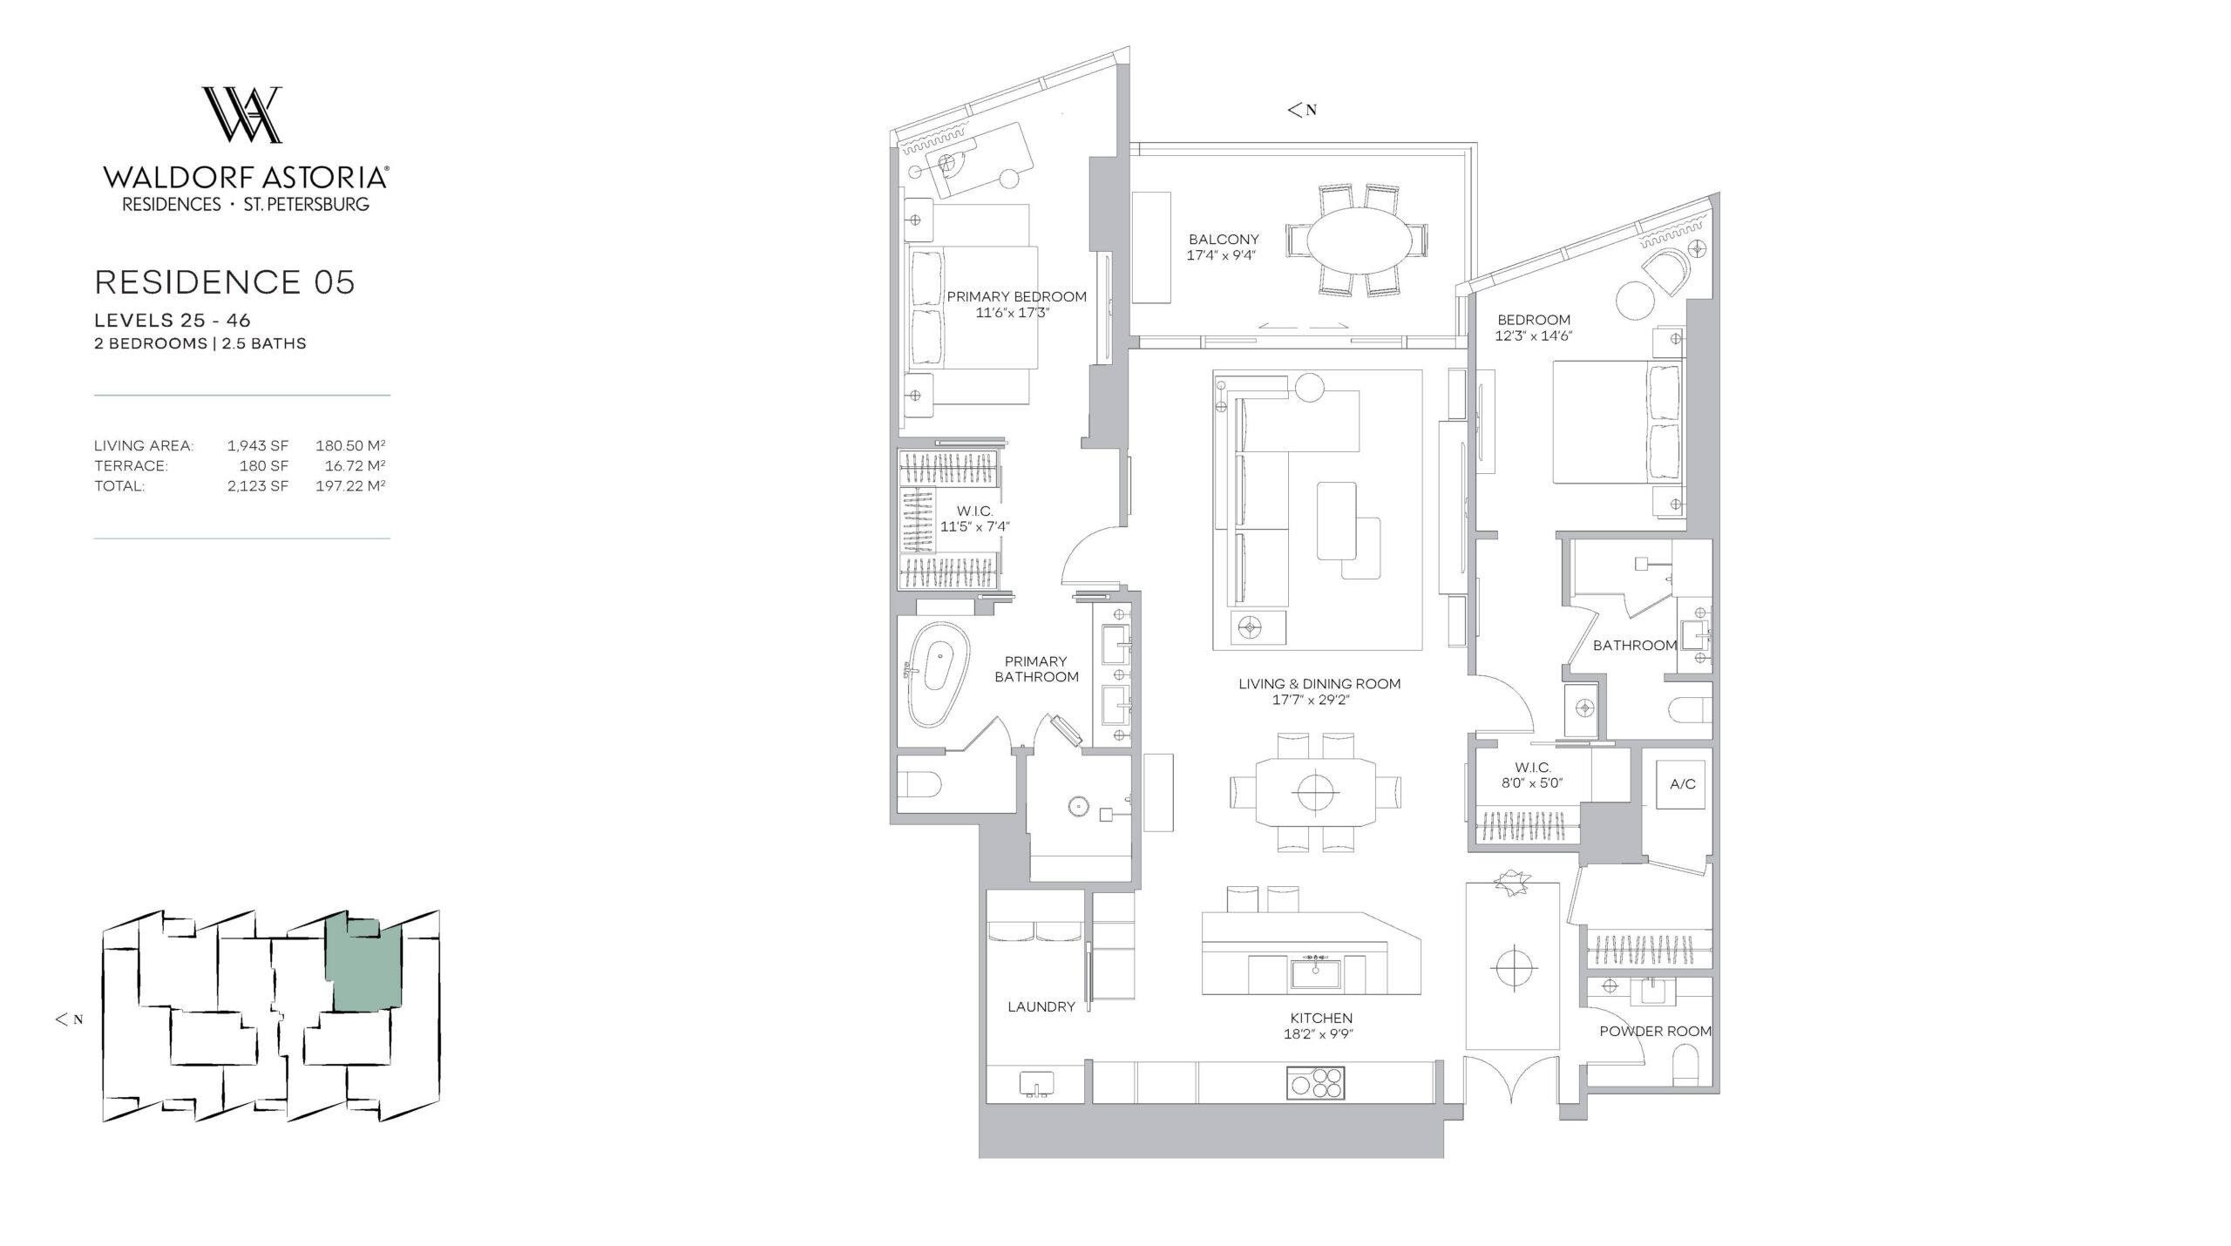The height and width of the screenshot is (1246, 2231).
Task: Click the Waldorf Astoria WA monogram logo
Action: click(242, 114)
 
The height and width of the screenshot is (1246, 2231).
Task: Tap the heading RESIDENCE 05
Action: click(225, 282)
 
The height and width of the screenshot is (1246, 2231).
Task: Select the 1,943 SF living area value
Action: click(258, 445)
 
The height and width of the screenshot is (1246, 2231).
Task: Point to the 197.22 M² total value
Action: click(350, 485)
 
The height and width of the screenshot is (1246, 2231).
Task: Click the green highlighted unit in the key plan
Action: click(364, 965)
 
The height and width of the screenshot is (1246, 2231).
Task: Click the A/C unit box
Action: click(1681, 784)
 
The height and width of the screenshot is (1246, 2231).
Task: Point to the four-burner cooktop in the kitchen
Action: click(1315, 1082)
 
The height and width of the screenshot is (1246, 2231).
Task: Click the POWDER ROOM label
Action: click(1655, 1032)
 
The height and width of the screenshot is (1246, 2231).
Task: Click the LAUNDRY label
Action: click(1041, 1007)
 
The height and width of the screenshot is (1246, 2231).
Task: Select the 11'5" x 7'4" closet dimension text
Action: click(974, 527)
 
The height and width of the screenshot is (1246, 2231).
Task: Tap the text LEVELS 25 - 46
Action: click(173, 322)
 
